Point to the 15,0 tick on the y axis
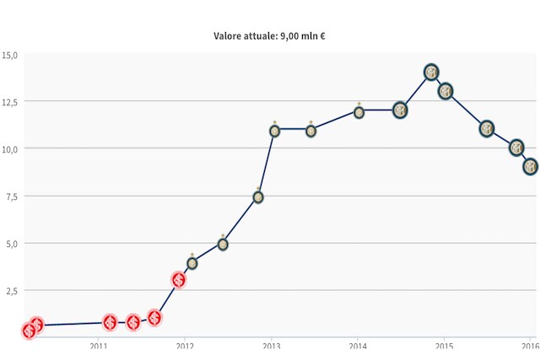10,56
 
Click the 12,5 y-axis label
10,102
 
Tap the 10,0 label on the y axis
10,149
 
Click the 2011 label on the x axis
98,346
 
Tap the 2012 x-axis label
185,346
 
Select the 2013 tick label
272,346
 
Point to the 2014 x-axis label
358,346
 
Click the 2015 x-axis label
445,346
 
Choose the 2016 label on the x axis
529,346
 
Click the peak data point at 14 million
431,73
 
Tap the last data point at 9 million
530,167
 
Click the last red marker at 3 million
178,280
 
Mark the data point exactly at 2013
274,131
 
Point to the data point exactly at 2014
359,111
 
